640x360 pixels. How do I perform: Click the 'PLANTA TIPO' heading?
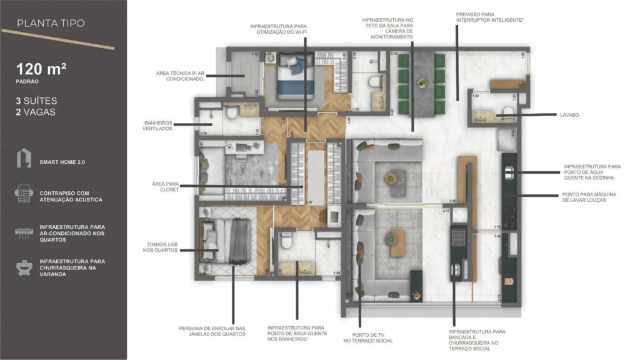51,24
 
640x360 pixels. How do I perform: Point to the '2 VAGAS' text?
36,112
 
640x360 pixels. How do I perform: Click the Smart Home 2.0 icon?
23,158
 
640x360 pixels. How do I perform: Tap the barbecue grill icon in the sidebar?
24,267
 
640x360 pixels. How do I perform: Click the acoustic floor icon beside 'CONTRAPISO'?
24,195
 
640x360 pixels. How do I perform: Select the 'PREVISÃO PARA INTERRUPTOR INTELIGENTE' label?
489,17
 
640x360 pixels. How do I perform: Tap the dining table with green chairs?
422,84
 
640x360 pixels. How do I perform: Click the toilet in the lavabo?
507,112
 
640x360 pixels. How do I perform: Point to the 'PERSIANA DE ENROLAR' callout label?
212,331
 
